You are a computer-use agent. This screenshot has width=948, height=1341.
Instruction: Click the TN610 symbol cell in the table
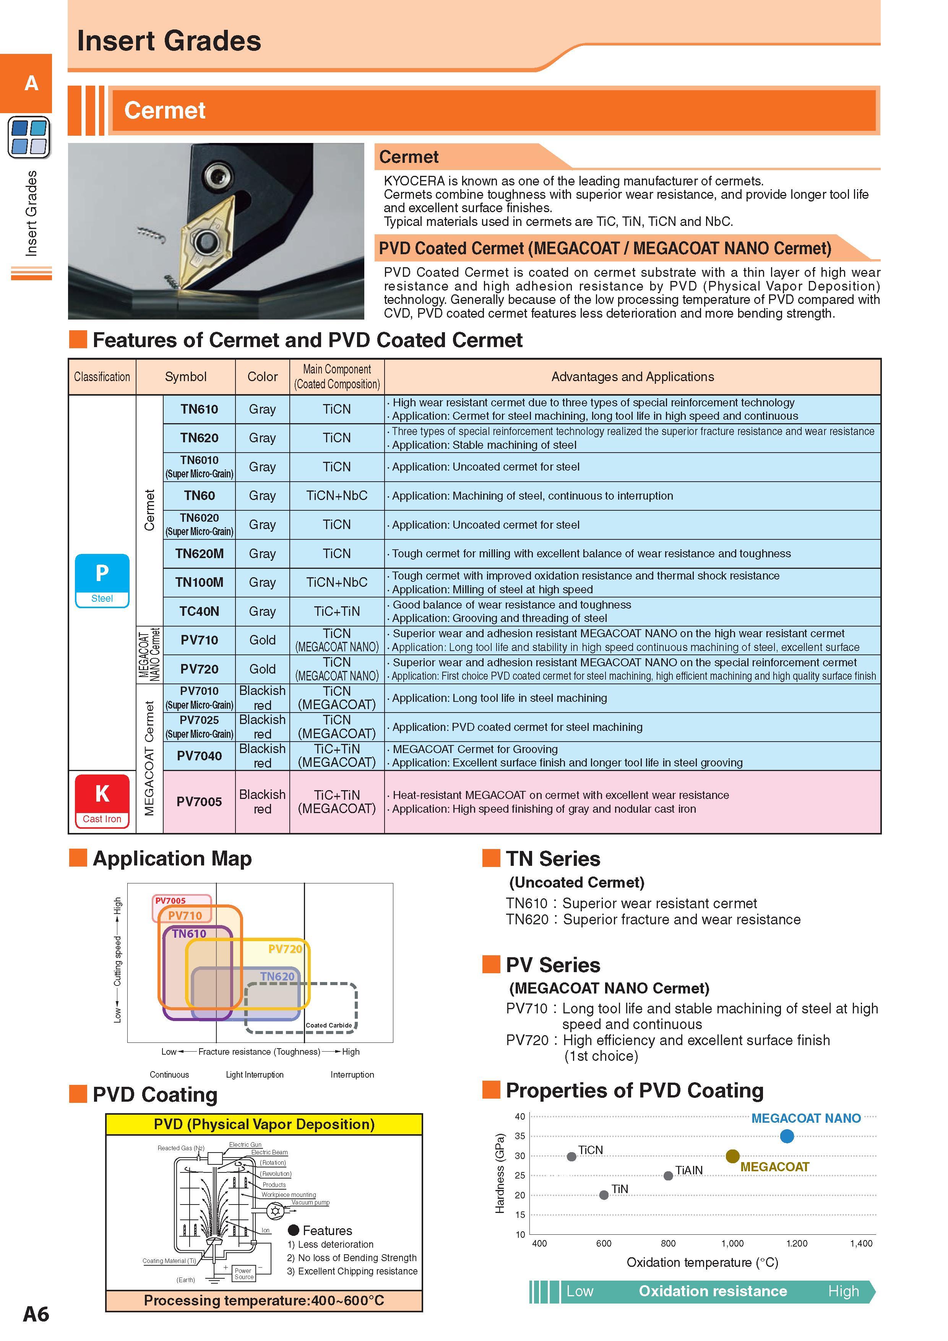point(199,409)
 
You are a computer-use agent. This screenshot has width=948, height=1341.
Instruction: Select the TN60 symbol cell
point(199,496)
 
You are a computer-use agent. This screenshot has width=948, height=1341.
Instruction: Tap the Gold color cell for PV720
point(262,669)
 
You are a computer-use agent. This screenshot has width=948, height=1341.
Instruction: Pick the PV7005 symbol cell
point(199,801)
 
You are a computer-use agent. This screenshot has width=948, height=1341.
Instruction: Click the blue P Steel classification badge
point(102,581)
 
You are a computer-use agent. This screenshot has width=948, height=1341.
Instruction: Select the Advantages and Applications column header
point(633,377)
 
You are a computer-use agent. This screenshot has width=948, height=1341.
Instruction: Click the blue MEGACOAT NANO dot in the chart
point(787,1136)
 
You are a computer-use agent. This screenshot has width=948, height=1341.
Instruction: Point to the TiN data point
point(604,1195)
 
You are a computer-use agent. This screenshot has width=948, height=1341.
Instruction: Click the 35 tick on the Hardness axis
point(520,1136)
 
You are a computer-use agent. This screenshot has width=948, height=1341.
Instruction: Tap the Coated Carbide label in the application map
point(329,1025)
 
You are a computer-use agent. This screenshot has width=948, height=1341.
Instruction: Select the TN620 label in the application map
point(278,976)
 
